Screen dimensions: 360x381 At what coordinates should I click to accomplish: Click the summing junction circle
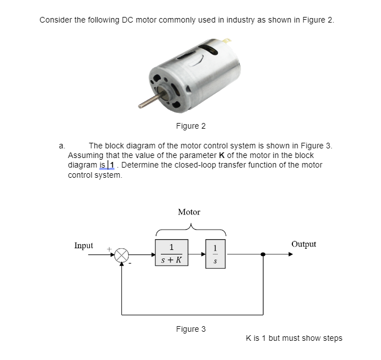click(x=122, y=254)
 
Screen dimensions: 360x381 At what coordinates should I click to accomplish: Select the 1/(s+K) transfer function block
click(x=171, y=254)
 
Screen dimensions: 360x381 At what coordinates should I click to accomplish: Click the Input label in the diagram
click(x=84, y=245)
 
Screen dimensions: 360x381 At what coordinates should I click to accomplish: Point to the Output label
click(x=304, y=244)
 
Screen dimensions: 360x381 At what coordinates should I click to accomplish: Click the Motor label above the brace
click(x=189, y=212)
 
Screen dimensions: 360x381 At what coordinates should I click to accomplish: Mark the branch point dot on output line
click(x=262, y=254)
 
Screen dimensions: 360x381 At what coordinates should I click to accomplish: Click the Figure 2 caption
click(x=191, y=126)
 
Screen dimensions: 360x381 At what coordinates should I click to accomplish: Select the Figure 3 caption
click(x=191, y=329)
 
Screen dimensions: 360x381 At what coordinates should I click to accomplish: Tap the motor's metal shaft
click(x=149, y=102)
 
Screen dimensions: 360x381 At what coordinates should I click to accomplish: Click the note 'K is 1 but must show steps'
click(x=294, y=338)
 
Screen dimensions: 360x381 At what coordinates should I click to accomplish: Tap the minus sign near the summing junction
click(x=130, y=263)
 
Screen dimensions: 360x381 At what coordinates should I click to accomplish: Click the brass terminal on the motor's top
click(x=227, y=41)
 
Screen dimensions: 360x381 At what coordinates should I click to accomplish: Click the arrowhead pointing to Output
click(x=290, y=254)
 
